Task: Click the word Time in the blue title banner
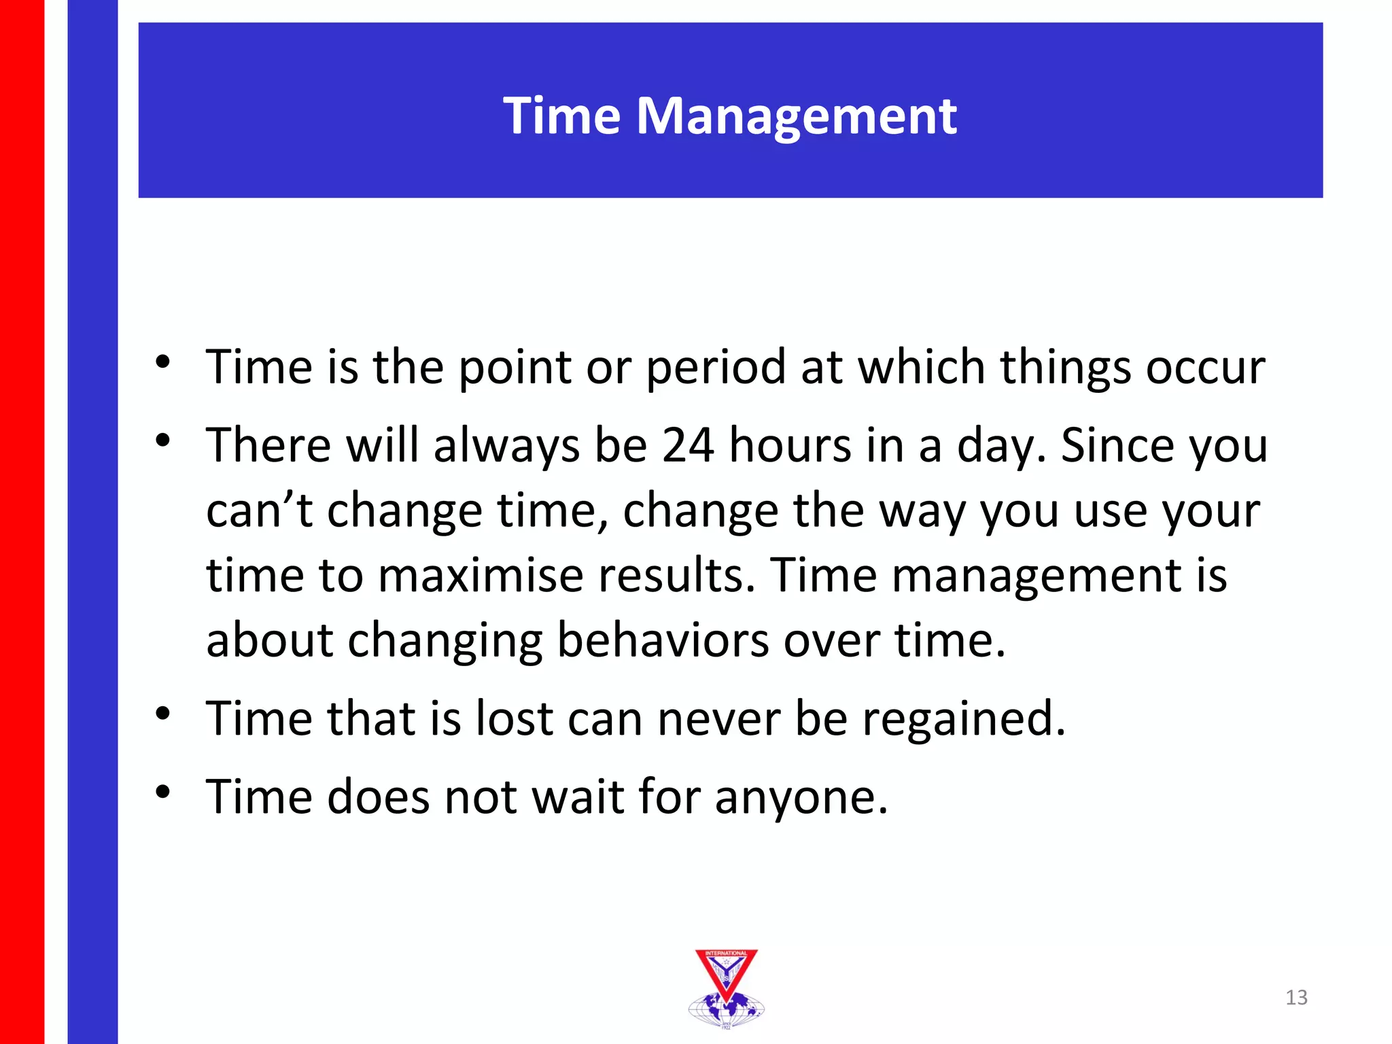[561, 116]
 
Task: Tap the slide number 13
[1296, 997]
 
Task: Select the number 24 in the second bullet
[687, 446]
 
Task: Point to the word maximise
[480, 576]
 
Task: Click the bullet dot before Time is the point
[162, 362]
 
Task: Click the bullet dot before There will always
[162, 440]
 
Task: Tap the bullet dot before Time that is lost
[162, 714]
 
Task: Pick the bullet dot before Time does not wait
[162, 792]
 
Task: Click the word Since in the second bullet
[1117, 446]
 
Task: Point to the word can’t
[258, 511]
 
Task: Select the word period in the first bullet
[715, 368]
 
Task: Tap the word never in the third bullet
[718, 719]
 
